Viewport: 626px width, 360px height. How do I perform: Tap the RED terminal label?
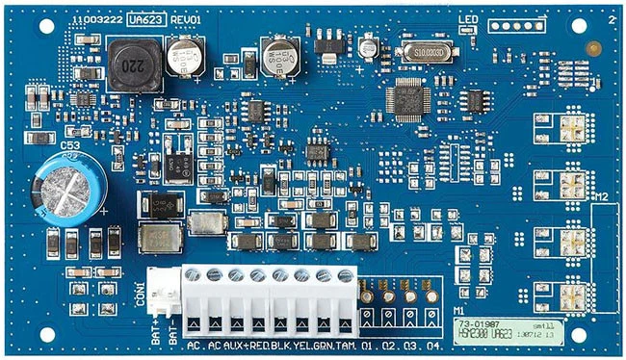coord(257,344)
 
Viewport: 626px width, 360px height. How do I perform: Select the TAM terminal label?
coord(344,344)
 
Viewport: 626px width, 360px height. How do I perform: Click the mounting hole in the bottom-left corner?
coord(44,335)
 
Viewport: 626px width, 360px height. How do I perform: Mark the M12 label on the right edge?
coord(601,197)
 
